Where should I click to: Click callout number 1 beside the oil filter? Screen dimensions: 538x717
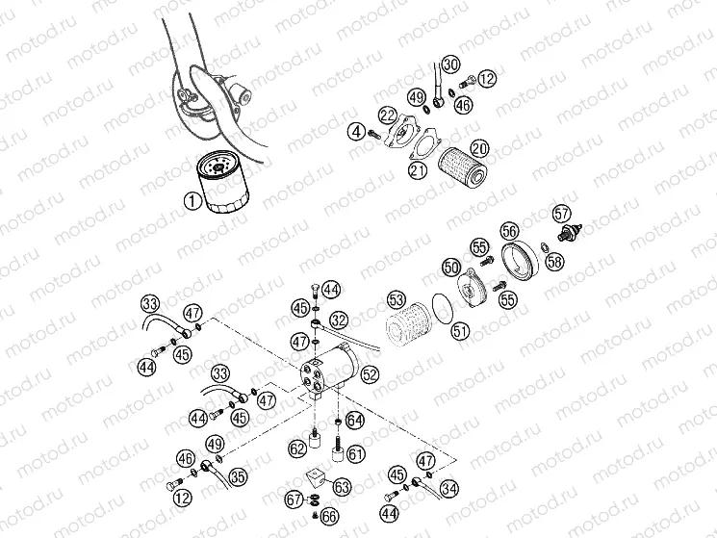[193, 201]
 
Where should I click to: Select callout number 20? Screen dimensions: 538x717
[478, 148]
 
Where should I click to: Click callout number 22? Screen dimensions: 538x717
[387, 115]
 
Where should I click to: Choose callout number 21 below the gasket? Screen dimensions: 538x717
[418, 170]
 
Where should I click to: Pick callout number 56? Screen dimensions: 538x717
[510, 231]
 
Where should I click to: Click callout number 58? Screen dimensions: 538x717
[553, 261]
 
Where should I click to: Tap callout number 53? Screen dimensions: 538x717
[396, 299]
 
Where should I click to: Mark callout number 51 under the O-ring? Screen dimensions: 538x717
[460, 330]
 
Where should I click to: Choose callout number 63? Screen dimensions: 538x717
[342, 488]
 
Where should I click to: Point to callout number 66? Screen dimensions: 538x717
[329, 517]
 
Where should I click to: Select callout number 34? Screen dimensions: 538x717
[448, 489]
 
